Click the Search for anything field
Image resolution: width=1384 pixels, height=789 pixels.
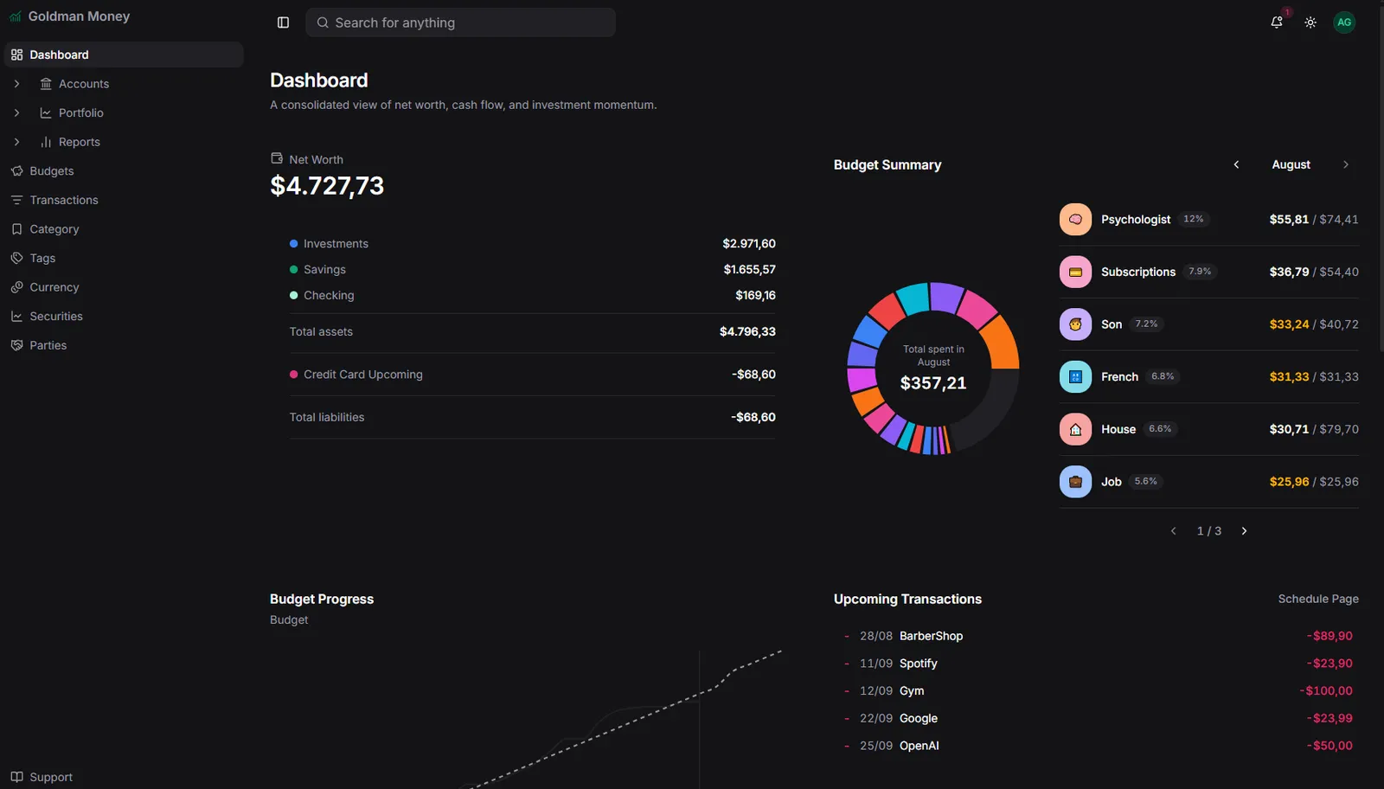[460, 22]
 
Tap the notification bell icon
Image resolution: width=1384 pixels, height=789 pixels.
[1277, 22]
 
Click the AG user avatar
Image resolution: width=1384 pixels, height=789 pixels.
[1344, 22]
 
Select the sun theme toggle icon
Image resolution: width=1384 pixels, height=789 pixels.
[1310, 22]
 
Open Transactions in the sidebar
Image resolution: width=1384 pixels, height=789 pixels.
[64, 200]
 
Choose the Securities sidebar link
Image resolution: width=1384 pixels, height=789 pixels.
[55, 316]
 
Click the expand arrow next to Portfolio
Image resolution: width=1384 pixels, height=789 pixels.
[16, 112]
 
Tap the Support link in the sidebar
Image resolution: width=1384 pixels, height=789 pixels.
[51, 777]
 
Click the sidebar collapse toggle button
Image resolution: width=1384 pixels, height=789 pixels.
[283, 22]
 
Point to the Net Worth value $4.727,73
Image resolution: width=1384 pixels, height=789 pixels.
[327, 186]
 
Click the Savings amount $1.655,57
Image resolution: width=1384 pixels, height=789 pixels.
[749, 269]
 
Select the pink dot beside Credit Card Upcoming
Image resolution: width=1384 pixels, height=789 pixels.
[293, 375]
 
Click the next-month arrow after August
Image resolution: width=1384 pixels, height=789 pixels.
[1346, 164]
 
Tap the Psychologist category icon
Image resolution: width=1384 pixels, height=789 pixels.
[1075, 220]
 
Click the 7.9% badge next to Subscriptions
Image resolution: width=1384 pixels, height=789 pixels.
[1199, 272]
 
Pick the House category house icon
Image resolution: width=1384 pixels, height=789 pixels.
[1075, 429]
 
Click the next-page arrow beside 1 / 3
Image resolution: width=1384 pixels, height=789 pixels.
[1245, 530]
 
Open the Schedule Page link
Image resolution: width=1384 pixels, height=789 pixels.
[1318, 599]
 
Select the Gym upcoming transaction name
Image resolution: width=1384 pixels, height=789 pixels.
[912, 690]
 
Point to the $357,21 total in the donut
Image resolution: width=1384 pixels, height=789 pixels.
[933, 383]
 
